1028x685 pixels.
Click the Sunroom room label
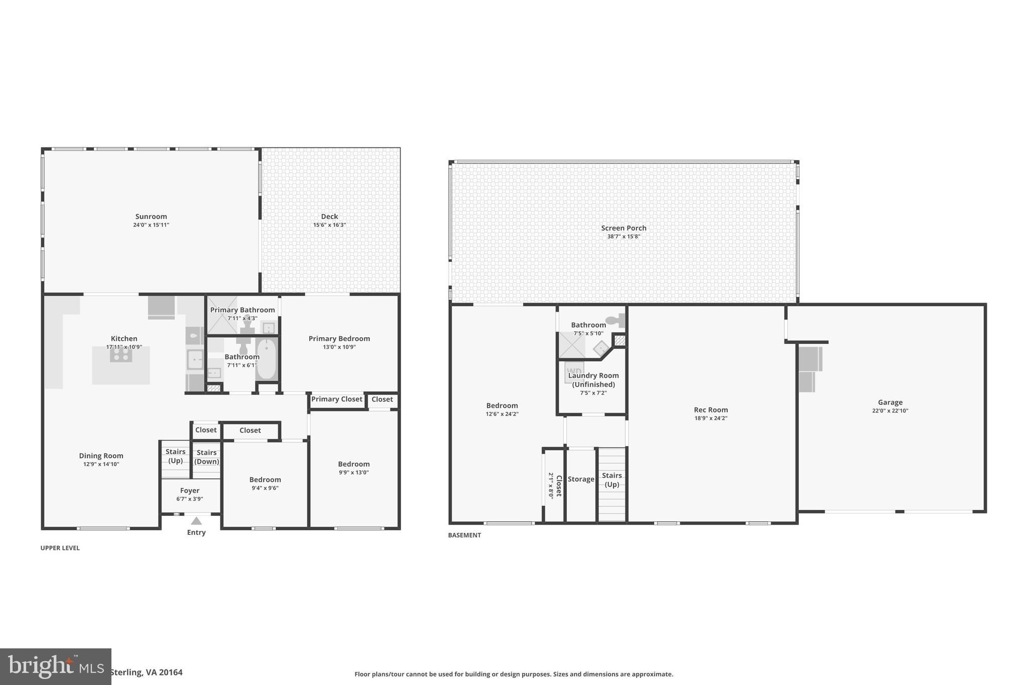151,217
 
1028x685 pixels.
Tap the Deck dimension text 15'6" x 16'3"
329,225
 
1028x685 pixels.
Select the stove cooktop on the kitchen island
121,354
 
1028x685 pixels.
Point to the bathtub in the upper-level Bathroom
267,359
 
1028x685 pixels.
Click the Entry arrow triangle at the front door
196,521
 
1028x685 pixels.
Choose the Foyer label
190,491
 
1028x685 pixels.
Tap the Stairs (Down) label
207,457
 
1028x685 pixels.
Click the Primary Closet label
337,399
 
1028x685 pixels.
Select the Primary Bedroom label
339,339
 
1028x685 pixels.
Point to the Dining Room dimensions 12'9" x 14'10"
101,464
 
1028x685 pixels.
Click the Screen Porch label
624,228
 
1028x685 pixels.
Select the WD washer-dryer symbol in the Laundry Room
574,372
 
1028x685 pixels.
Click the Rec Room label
711,410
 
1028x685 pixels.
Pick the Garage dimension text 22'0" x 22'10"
890,410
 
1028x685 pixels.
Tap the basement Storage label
581,479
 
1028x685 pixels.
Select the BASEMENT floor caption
464,535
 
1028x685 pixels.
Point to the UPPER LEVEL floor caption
60,548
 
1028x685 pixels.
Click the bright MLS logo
55,666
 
